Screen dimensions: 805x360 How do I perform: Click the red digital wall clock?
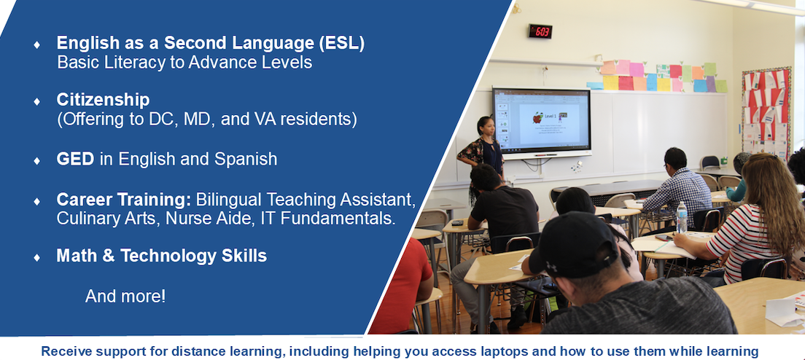coord(540,31)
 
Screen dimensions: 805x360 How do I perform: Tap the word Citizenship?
coord(104,99)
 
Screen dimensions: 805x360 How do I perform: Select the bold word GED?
coord(76,159)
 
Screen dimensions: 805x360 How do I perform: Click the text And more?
coord(125,296)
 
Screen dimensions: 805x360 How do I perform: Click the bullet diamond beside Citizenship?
coord(36,101)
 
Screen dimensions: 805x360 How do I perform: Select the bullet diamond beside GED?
coord(36,160)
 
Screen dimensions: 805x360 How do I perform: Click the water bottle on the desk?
coord(682,217)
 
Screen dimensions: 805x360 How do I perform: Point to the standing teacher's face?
coord(487,127)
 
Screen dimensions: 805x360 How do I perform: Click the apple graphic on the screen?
coord(537,118)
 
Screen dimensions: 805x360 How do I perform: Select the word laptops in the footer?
coord(521,352)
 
